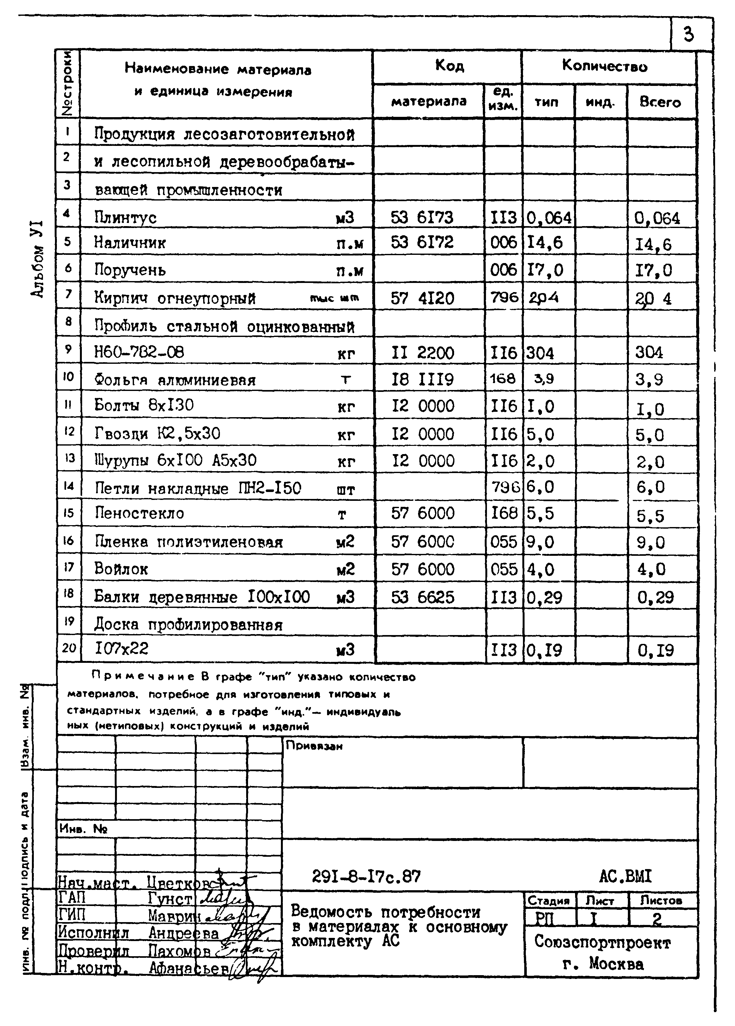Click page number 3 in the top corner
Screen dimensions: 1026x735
tap(688, 34)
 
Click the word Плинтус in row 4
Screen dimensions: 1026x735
tap(125, 218)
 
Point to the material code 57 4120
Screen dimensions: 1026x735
tap(422, 298)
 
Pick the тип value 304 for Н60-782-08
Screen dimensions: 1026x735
tap(540, 352)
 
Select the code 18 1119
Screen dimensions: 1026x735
tap(422, 379)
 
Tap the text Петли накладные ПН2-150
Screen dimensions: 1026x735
tap(198, 488)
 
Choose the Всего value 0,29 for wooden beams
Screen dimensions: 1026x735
tap(655, 597)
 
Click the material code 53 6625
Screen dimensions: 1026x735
tap(422, 597)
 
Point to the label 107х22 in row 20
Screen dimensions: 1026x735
tap(121, 649)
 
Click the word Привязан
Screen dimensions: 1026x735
tap(314, 746)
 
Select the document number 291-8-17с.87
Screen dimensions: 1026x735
tap(366, 877)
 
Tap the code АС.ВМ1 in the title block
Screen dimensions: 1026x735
tap(625, 876)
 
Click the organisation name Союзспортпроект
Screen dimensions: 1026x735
tap(602, 942)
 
